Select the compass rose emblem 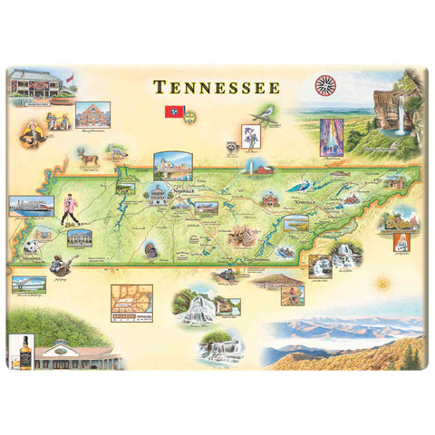[x=324, y=86]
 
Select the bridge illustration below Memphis [x=29, y=284]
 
